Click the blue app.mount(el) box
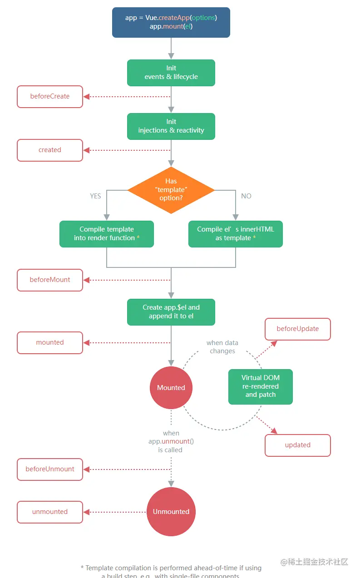171,22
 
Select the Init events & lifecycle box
171,73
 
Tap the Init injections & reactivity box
171,126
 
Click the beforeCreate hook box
50,97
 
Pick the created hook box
50,150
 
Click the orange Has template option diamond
171,190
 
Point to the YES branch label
95,196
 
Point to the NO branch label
247,196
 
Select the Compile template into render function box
107,234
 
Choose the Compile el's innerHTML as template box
236,234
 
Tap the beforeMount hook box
50,280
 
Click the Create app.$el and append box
171,312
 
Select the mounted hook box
50,343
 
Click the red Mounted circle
171,388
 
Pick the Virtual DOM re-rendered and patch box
261,386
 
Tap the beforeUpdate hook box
298,329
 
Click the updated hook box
298,445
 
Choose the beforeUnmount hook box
50,469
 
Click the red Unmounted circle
171,512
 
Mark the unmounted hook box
50,512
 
